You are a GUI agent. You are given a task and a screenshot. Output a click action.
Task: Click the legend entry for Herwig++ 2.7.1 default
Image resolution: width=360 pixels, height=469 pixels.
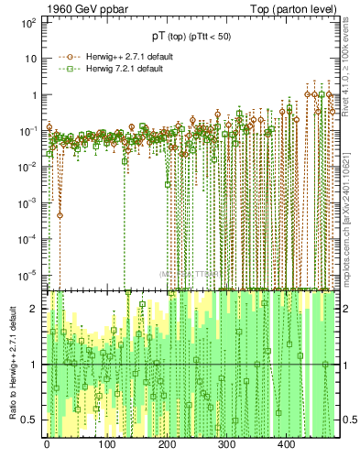[x=125, y=57]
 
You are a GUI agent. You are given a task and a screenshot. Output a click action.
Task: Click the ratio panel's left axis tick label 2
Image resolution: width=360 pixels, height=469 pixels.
[x=36, y=309]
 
